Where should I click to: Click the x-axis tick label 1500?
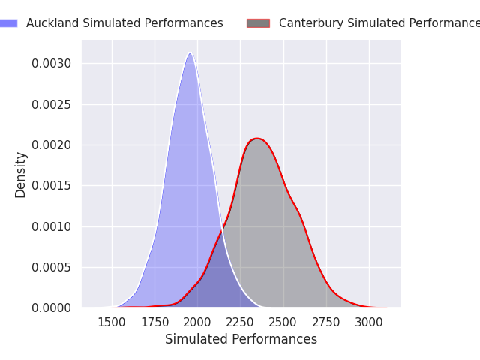[112, 322]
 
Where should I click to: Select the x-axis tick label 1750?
[154, 322]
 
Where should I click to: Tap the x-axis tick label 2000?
[197, 322]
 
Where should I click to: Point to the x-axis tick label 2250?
[241, 322]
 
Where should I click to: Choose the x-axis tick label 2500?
[283, 322]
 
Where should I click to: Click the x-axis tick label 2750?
[326, 322]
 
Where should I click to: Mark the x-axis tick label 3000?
[369, 322]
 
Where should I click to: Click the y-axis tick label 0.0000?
[52, 307]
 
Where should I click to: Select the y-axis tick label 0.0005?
[52, 267]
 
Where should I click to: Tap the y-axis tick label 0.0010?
[52, 226]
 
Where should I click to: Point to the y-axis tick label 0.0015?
[52, 185]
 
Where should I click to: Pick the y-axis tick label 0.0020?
[52, 145]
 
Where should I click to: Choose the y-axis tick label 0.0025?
[52, 104]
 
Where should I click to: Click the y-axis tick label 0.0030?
[52, 63]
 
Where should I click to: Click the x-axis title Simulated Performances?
[241, 339]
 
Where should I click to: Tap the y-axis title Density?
[20, 174]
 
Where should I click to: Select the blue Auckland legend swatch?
[8, 23]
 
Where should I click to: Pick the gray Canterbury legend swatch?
[258, 23]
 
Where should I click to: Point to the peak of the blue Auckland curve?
[190, 52]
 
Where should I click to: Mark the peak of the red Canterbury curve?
[257, 138]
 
